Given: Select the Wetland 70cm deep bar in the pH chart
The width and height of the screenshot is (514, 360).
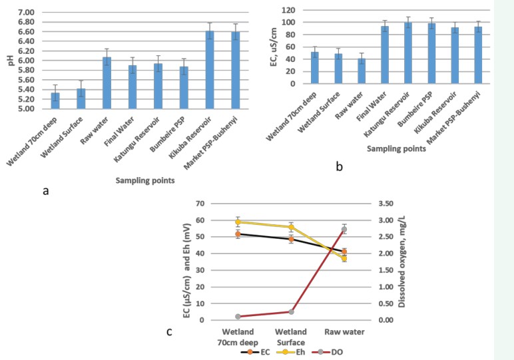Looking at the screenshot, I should [x=55, y=101].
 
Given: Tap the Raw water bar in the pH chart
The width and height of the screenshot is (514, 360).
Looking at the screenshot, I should [x=107, y=83].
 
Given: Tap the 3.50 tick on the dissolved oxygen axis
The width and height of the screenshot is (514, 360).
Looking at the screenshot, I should [x=386, y=204].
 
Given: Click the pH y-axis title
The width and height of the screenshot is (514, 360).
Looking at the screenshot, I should [x=9, y=61].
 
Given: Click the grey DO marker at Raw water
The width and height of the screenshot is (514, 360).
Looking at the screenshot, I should [x=344, y=230].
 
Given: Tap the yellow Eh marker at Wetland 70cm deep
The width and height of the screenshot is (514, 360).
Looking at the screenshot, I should [x=238, y=222].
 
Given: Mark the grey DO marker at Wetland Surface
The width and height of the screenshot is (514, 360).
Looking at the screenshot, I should [x=291, y=311].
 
